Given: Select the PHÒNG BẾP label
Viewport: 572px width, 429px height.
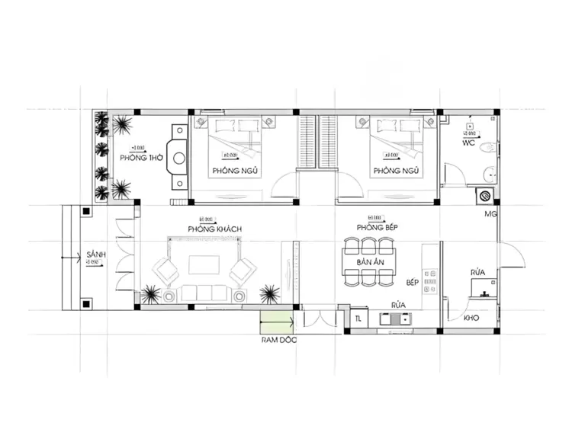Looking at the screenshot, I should (x=381, y=228).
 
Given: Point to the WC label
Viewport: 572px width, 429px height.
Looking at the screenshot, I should (x=470, y=143).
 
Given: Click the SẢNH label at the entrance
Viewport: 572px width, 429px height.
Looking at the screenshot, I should (x=95, y=255).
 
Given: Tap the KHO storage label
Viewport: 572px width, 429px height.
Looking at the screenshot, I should (x=471, y=318).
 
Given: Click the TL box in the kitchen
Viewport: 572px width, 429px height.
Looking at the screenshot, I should (x=358, y=319).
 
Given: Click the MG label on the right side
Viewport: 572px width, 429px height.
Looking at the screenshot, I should (x=490, y=214).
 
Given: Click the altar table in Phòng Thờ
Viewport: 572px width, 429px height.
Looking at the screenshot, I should (x=178, y=158).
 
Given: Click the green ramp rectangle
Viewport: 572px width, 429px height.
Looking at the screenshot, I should (x=277, y=320).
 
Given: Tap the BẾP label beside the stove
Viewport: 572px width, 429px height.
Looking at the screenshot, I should (x=413, y=282).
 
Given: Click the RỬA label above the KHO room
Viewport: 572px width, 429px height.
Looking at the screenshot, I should (x=478, y=272).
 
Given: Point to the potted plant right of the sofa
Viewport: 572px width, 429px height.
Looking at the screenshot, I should (x=268, y=293).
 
